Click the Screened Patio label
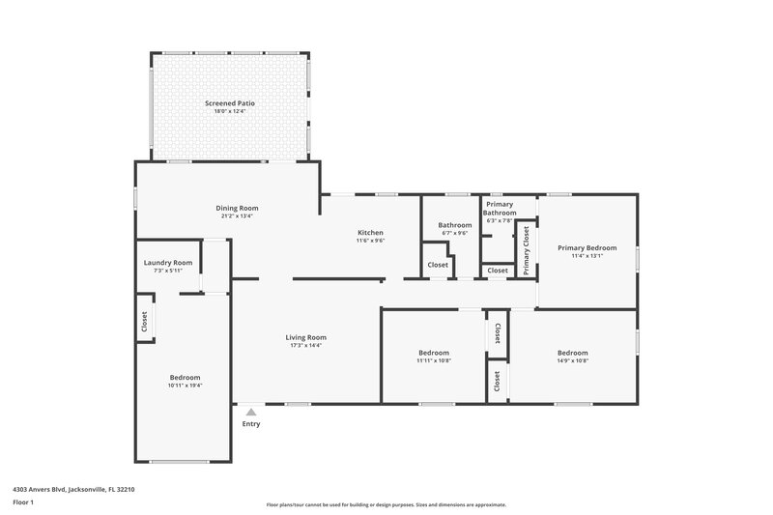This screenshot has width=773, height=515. [230, 102]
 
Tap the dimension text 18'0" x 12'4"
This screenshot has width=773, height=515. [230, 111]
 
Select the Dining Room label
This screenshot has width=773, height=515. [237, 208]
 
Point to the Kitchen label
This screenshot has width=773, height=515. [371, 233]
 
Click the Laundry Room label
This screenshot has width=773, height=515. [168, 263]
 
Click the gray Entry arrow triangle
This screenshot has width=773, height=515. [251, 411]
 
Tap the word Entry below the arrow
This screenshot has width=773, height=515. [251, 423]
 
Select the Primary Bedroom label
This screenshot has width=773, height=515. [587, 247]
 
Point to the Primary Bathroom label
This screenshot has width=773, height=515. [500, 209]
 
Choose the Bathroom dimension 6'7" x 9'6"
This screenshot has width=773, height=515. [454, 233]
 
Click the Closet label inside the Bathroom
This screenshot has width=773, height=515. [438, 265]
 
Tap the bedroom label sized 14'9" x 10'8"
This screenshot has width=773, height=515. [572, 353]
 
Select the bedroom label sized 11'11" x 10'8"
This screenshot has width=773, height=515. [433, 353]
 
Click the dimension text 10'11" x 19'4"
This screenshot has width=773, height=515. [185, 385]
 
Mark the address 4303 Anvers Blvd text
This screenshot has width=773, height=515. [73, 490]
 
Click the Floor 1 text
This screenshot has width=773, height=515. [23, 503]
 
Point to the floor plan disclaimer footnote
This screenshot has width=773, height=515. [386, 504]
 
